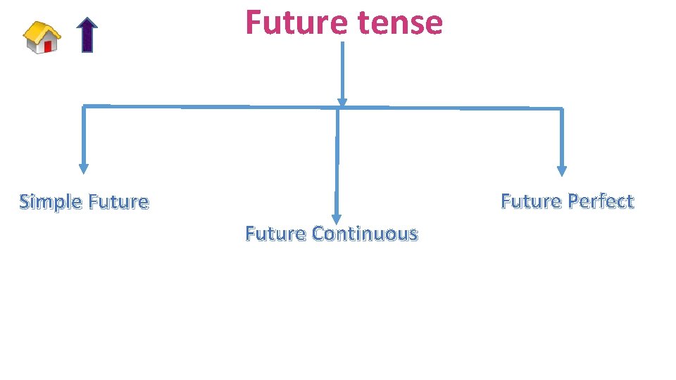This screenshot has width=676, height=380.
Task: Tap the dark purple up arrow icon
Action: pyautogui.click(x=87, y=35)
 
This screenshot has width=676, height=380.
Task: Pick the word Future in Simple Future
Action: pyautogui.click(x=118, y=202)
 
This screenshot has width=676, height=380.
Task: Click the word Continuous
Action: pyautogui.click(x=364, y=233)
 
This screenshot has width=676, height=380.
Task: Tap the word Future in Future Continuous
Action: pyautogui.click(x=275, y=233)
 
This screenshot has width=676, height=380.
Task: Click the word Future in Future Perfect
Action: pyautogui.click(x=531, y=201)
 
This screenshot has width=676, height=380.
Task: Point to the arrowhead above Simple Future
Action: pyautogui.click(x=84, y=169)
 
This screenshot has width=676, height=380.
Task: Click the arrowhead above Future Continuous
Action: pyautogui.click(x=337, y=218)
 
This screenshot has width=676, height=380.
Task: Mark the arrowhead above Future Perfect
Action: pyautogui.click(x=561, y=170)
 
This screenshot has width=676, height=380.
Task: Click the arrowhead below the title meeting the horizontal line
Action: pyautogui.click(x=342, y=103)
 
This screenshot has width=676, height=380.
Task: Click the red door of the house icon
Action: pyautogui.click(x=48, y=46)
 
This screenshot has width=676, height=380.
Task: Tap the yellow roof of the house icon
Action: pyautogui.click(x=41, y=30)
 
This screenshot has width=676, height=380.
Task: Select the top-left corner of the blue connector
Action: pyautogui.click(x=84, y=106)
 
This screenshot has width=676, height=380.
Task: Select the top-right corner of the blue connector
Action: pyautogui.click(x=561, y=108)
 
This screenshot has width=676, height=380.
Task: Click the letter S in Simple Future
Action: pyautogui.click(x=25, y=202)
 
